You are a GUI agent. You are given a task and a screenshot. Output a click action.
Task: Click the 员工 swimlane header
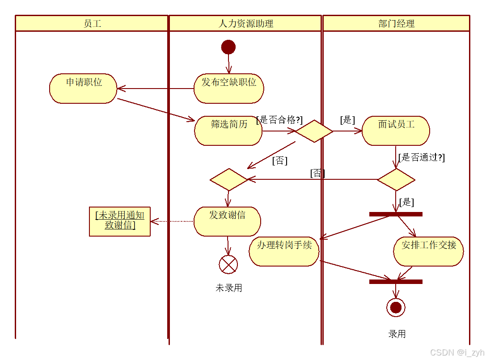point(92,23)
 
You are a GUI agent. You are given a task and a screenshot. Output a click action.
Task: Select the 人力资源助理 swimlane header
point(245,23)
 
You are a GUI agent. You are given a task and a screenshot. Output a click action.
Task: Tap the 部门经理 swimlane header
point(396,23)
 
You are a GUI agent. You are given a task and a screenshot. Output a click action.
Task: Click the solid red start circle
point(228,47)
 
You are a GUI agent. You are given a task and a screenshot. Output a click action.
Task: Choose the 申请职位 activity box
point(83,89)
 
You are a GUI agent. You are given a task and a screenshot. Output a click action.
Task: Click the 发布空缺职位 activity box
point(229,89)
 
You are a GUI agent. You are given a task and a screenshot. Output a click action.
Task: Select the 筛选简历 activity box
point(228,131)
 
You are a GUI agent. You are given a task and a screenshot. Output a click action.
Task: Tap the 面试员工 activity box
point(396,131)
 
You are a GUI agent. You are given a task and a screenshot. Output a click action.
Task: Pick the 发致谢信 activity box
point(227,221)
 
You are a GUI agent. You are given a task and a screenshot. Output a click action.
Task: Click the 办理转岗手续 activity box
point(284,251)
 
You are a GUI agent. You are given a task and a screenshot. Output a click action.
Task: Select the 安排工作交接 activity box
point(428,251)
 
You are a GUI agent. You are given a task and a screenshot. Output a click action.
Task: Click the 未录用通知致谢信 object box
point(120,221)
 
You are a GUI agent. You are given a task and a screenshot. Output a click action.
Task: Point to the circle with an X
point(228,265)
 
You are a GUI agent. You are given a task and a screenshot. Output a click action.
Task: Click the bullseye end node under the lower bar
point(396,308)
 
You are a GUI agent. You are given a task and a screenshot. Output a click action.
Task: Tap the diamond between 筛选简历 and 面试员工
point(314,131)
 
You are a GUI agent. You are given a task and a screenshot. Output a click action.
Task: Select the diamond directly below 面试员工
point(396,179)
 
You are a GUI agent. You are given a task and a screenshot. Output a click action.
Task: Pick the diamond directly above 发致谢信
point(228,179)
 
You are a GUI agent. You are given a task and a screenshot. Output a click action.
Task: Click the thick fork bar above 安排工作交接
point(396,214)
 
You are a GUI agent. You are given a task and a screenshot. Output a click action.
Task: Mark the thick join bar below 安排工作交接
point(396,282)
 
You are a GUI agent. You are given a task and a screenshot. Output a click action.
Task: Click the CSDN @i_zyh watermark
point(456,352)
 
